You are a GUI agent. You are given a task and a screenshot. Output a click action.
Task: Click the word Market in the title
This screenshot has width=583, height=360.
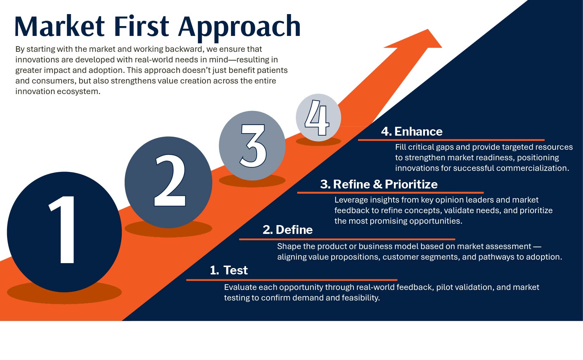click(59, 26)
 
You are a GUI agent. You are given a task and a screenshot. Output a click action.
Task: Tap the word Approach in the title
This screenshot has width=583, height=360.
click(239, 28)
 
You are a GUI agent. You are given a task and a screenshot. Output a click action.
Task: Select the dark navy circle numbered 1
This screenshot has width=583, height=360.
click(64, 232)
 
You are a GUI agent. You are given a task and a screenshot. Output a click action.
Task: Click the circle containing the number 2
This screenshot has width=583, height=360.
click(168, 182)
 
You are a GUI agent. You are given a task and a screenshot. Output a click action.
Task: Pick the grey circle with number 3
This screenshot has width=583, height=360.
click(252, 145)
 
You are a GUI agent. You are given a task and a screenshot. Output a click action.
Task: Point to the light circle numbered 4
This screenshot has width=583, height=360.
click(318, 118)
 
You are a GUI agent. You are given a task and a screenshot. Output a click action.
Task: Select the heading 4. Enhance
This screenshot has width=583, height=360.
click(412, 131)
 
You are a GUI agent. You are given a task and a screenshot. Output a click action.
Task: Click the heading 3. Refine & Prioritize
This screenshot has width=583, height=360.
click(379, 184)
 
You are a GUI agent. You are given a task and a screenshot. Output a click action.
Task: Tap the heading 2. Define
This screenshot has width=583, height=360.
click(288, 230)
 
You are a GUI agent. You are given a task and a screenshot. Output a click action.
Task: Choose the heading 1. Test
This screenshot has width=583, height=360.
click(229, 270)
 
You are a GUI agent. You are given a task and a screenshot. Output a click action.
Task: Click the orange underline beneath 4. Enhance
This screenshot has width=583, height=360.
click(451, 140)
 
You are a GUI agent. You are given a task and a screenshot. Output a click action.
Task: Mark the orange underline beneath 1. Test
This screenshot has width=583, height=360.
click(292, 280)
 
